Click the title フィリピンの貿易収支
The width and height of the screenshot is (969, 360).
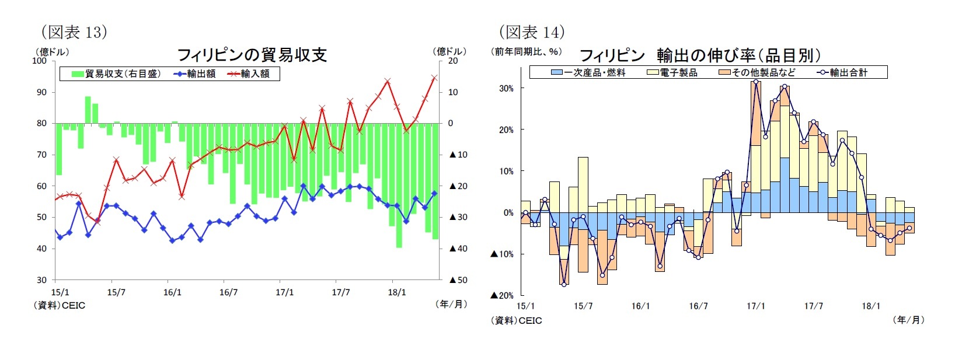point(252,55)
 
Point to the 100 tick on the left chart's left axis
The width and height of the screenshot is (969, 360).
point(40,61)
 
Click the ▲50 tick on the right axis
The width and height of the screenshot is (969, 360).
point(458,280)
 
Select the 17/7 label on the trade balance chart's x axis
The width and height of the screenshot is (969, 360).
point(341,292)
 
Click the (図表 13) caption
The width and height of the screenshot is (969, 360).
point(74,32)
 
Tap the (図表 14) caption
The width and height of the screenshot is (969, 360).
point(532,32)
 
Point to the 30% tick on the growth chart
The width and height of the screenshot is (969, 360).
point(506,89)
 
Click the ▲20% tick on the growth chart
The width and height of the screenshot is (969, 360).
point(502,296)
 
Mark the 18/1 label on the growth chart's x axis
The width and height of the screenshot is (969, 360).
point(871,306)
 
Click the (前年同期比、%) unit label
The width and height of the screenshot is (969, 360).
point(526,52)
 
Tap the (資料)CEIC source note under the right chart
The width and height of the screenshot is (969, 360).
point(516,320)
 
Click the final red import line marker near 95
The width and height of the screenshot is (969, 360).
point(434,78)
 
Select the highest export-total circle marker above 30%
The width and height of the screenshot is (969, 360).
point(756,82)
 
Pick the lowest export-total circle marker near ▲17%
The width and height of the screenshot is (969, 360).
point(564,284)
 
